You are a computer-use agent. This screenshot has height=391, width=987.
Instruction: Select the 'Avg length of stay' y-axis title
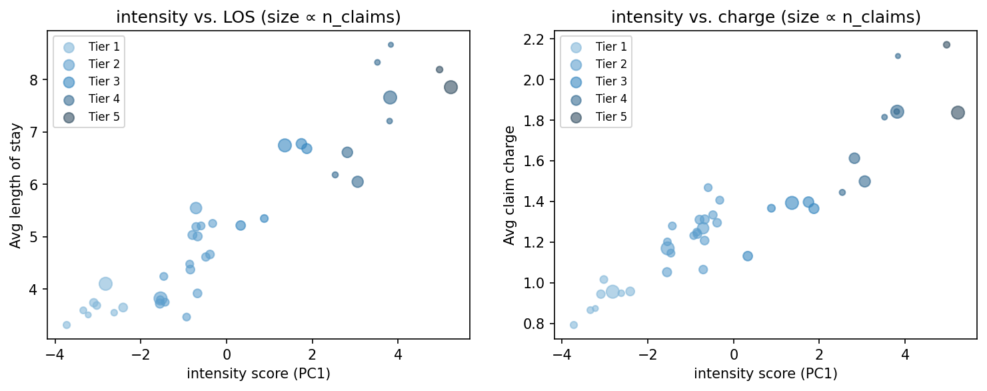15,185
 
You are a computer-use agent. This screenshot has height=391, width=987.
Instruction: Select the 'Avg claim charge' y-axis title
509,185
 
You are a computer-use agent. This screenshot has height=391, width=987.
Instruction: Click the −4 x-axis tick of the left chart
55,352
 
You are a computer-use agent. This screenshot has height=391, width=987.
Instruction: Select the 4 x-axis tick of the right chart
905,352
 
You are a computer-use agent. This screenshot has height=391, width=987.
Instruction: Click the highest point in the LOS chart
391,45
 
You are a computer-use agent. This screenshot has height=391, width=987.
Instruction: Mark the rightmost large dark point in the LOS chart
451,87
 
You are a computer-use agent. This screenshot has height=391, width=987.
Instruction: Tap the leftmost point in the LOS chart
67,325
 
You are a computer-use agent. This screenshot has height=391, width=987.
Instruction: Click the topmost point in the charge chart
946,45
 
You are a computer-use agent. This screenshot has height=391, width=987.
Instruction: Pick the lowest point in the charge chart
573,325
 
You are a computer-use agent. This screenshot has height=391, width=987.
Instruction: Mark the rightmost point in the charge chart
958,113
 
